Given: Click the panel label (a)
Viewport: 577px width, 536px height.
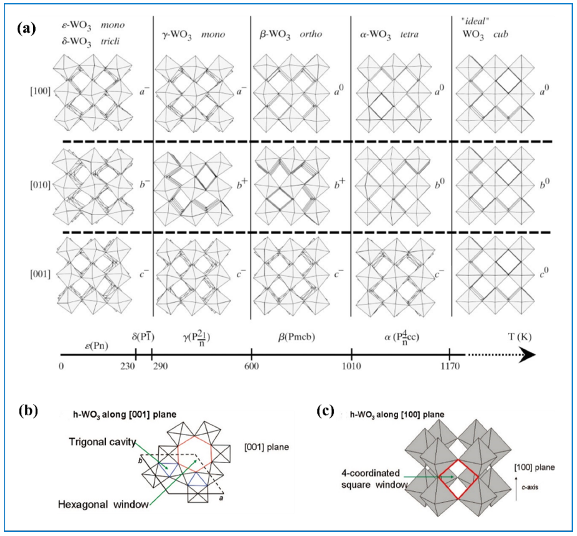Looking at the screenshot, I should (x=26, y=29).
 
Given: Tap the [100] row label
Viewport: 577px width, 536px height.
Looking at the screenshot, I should (x=40, y=91).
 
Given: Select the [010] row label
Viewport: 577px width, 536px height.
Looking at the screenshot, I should (x=40, y=185).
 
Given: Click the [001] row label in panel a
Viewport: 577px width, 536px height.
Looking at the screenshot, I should (x=40, y=274).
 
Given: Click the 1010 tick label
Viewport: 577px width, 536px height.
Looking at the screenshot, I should (x=351, y=366).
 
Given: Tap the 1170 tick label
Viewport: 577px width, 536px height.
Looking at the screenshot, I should (x=450, y=366).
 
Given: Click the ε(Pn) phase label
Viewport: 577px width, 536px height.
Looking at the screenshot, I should (x=96, y=346).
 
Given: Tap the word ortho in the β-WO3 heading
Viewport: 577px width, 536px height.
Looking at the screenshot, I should (x=311, y=34).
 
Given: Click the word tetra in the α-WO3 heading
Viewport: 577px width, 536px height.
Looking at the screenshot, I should (x=409, y=34).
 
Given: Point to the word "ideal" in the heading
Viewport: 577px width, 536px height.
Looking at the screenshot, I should (x=475, y=21).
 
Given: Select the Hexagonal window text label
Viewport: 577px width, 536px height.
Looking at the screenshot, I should (x=103, y=504).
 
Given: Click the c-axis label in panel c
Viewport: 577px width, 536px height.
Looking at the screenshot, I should (x=530, y=487).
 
